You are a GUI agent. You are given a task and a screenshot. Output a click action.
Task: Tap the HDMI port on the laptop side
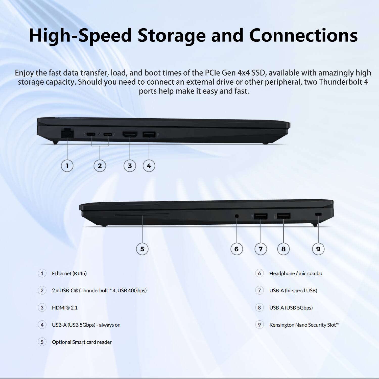[130, 134]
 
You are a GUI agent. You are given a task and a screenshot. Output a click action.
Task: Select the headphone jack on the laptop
[237, 216]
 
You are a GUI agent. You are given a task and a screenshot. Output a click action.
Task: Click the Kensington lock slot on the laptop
[318, 215]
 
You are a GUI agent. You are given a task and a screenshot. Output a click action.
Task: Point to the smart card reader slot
[142, 215]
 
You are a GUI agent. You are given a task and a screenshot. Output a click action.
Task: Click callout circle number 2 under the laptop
[100, 166]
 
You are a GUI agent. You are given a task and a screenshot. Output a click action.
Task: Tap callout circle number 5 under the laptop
[142, 249]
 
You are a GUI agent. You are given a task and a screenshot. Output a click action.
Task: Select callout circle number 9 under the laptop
[318, 249]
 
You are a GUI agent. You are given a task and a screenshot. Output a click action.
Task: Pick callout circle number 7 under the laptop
[260, 249]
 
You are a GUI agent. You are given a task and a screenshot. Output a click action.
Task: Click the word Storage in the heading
[172, 35]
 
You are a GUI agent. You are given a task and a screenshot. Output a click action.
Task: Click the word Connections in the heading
[303, 35]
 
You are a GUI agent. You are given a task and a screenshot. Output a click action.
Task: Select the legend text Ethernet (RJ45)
[69, 273]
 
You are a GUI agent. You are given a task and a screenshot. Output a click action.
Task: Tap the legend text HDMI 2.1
[65, 308]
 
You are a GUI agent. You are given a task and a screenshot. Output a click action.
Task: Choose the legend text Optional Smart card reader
[82, 342]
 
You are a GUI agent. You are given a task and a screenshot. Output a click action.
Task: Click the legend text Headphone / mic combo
[296, 273]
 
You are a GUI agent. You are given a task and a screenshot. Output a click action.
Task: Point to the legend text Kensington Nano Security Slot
[304, 325]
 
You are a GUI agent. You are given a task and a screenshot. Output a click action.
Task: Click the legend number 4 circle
[42, 325]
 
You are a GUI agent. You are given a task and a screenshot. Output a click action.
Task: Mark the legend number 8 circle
[259, 307]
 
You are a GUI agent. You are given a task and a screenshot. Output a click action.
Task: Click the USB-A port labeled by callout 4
[149, 134]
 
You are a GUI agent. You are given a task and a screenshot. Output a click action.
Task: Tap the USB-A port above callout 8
[283, 216]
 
